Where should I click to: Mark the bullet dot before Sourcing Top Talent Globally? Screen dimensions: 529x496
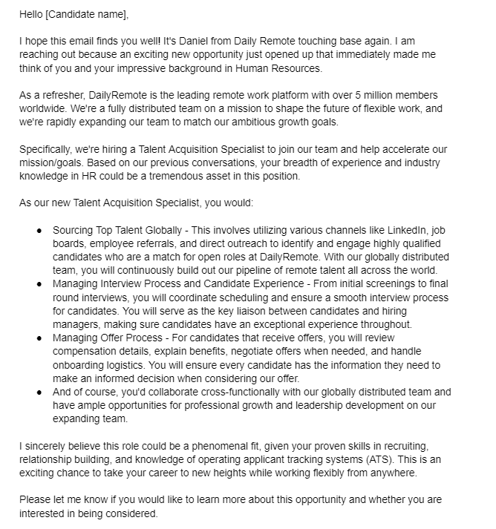(39, 231)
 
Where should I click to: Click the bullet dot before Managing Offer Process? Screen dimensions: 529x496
(39, 338)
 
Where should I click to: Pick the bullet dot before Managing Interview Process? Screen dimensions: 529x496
(39, 285)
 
